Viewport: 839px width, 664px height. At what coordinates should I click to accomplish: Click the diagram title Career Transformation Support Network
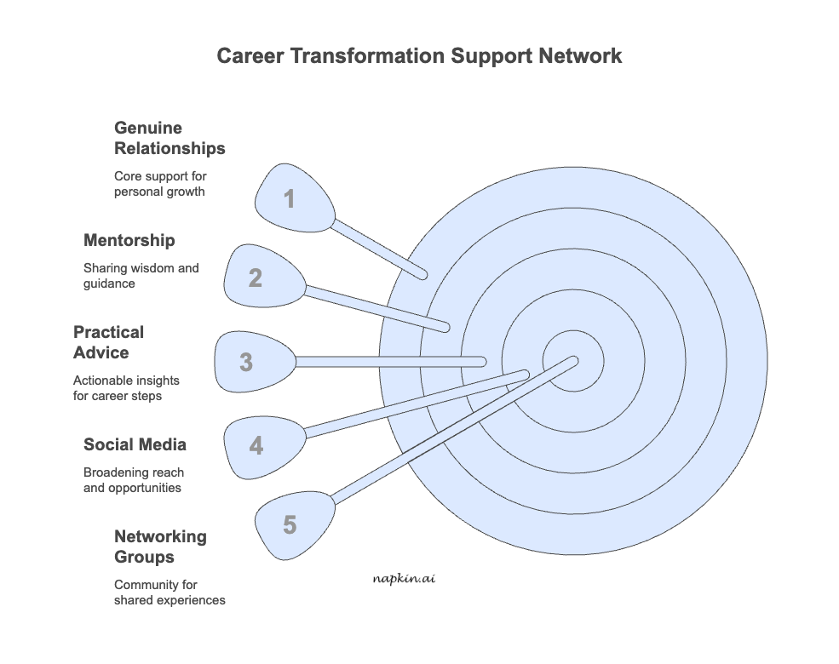419,56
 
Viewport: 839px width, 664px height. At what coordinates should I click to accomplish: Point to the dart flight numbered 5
293,524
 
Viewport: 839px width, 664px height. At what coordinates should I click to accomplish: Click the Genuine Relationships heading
170,138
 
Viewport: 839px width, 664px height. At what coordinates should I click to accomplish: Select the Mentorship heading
129,240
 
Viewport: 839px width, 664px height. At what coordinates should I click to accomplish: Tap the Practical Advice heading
108,342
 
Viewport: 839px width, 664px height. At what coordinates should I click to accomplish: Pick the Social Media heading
135,444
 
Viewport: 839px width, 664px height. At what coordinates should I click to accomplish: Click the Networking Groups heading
160,547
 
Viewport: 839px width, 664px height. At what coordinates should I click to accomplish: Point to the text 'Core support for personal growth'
160,184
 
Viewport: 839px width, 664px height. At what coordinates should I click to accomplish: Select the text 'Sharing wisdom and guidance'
141,275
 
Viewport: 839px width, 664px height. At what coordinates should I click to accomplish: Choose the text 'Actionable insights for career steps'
126,388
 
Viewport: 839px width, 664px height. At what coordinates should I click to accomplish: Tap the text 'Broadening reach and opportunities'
133,480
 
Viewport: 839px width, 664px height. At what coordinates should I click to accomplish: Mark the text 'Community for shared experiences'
170,592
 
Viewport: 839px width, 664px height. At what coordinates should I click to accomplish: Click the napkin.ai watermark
404,578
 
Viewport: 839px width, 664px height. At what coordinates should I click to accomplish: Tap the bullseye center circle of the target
573,360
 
